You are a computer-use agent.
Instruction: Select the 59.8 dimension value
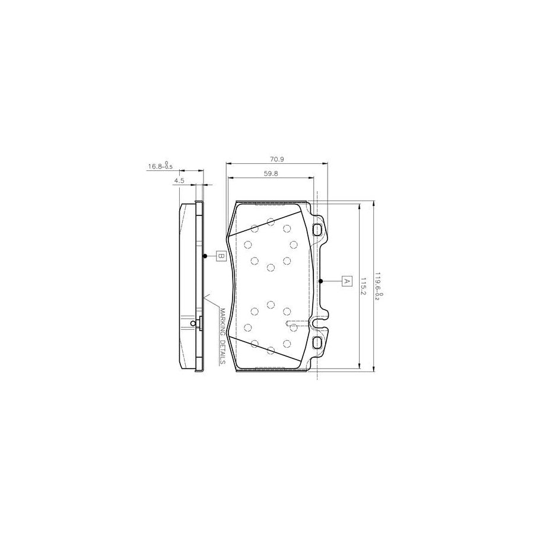pyautogui.click(x=269, y=173)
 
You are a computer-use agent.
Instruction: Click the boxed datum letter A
pyautogui.click(x=347, y=281)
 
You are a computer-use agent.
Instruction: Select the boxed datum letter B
pyautogui.click(x=220, y=256)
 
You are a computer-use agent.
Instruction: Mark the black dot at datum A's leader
pyautogui.click(x=320, y=281)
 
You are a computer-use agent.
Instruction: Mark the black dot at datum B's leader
pyautogui.click(x=205, y=256)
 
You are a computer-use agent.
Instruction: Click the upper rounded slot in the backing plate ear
pyautogui.click(x=317, y=230)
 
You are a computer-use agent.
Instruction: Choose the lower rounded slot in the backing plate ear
pyautogui.click(x=317, y=342)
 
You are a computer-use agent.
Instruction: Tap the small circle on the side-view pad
pyautogui.click(x=193, y=323)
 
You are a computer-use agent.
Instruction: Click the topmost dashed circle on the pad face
pyautogui.click(x=271, y=222)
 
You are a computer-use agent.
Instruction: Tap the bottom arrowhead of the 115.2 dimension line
pyautogui.click(x=360, y=368)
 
